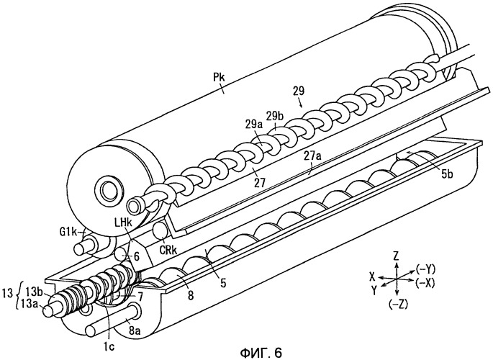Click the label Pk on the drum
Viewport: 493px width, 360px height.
click(x=222, y=90)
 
